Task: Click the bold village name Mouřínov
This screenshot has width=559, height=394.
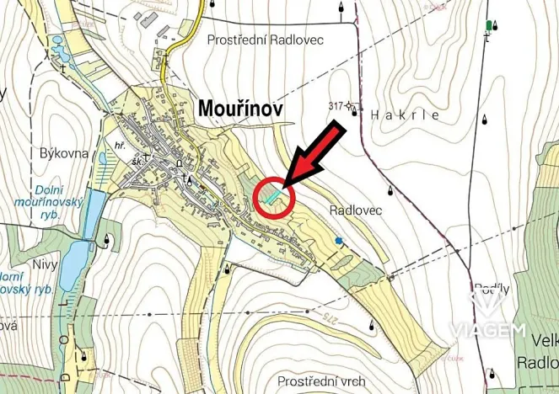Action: click(240, 109)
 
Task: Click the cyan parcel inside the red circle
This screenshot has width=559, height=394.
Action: click(271, 197)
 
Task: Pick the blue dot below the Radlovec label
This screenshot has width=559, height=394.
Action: click(340, 242)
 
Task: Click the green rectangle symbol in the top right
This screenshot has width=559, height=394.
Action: click(488, 25)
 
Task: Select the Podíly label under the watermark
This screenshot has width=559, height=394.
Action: click(493, 288)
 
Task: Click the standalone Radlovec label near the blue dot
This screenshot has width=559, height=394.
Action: click(352, 210)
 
